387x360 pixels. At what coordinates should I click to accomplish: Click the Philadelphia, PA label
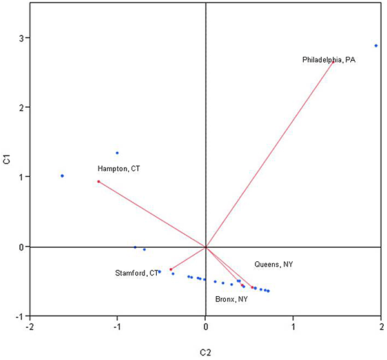tap(329, 60)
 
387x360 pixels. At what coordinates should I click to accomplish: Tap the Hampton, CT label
tap(119, 169)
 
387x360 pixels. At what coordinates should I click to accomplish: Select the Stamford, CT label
tap(137, 274)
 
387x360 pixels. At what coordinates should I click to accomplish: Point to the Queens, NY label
tap(273, 265)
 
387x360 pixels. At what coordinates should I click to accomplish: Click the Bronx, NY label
tap(231, 299)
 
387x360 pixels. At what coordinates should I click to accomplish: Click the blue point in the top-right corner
tap(376, 46)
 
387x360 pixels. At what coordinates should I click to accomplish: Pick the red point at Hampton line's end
tap(99, 181)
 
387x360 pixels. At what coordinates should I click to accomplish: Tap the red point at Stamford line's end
tap(171, 269)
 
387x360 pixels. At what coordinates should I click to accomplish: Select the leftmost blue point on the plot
tap(62, 175)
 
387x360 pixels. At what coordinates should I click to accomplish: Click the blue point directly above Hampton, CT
tap(117, 153)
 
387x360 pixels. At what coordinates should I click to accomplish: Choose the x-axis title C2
tap(205, 352)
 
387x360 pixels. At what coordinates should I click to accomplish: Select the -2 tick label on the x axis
tap(29, 327)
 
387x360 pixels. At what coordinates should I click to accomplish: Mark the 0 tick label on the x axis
tap(205, 327)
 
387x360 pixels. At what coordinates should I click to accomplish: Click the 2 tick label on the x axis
tap(381, 327)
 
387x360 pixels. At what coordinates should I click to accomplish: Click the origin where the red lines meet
tap(205, 246)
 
